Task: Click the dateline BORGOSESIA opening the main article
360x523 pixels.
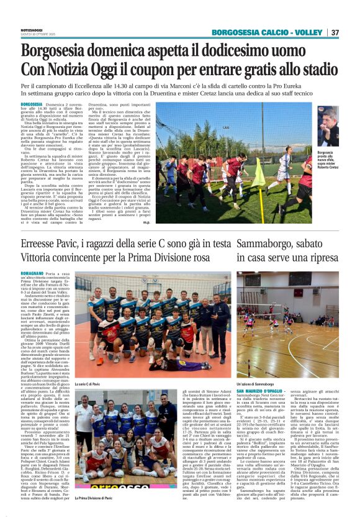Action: coord(32,105)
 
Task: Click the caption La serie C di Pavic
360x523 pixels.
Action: coord(89,384)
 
